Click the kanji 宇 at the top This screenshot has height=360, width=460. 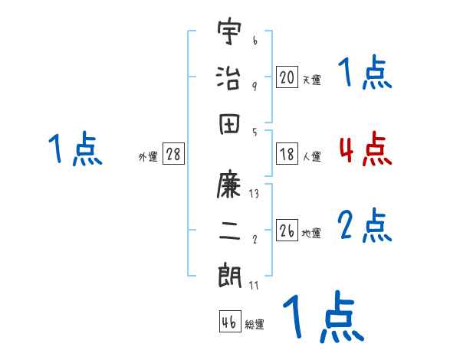tap(229, 35)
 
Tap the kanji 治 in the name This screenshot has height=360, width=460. tap(229, 77)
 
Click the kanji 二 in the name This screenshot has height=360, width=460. tap(229, 231)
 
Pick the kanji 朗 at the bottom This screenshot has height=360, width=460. tap(229, 275)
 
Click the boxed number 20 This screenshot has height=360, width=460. tap(287, 77)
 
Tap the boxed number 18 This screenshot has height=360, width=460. tap(287, 155)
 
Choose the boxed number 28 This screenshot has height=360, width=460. tap(173, 155)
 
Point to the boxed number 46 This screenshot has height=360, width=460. tap(229, 322)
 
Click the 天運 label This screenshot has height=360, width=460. tap(310, 80)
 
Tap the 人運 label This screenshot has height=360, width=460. tap(310, 157)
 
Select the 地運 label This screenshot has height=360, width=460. tap(310, 234)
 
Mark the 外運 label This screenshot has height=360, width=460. tap(148, 157)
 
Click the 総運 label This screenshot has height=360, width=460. tap(254, 324)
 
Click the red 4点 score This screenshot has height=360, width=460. tap(365, 150)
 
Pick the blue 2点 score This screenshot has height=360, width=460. tap(365, 226)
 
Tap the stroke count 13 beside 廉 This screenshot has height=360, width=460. tap(254, 194)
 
